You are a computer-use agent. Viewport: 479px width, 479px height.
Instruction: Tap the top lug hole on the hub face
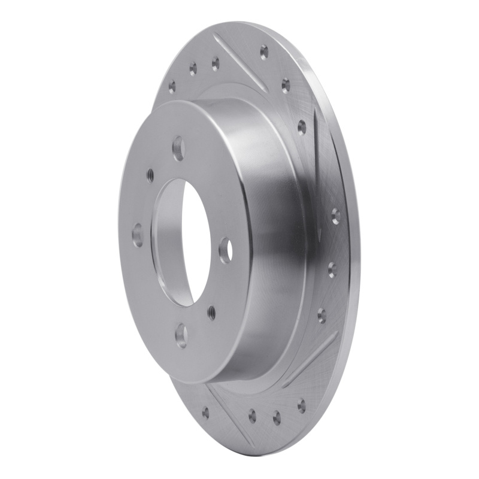(178, 148)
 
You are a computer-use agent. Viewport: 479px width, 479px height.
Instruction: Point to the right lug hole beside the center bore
(225, 250)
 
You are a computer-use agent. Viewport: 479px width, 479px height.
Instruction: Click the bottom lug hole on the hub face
(181, 335)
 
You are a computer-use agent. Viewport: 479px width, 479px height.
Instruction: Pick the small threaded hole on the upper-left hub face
(150, 175)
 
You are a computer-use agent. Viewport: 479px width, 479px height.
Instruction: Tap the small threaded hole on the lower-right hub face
(211, 311)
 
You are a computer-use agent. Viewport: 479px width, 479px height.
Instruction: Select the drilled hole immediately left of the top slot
(215, 63)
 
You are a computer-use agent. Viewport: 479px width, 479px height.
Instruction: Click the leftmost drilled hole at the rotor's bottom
(205, 412)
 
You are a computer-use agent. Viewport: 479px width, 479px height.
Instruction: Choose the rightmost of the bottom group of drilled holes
(301, 407)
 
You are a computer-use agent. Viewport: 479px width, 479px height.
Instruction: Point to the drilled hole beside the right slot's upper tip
(302, 128)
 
